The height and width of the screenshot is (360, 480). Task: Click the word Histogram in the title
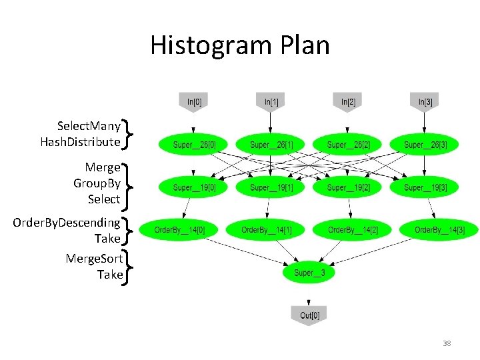197,45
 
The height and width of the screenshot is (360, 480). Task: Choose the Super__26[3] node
425,145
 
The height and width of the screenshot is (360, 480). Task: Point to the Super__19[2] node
348,188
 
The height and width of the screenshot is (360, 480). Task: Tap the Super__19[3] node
425,188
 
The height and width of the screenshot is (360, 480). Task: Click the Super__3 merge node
309,273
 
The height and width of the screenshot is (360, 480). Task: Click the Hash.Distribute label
80,141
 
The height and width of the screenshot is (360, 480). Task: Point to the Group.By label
97,183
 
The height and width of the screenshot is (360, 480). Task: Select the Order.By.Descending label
67,222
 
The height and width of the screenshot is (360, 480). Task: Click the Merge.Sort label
94,258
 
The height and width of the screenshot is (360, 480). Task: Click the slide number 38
447,343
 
